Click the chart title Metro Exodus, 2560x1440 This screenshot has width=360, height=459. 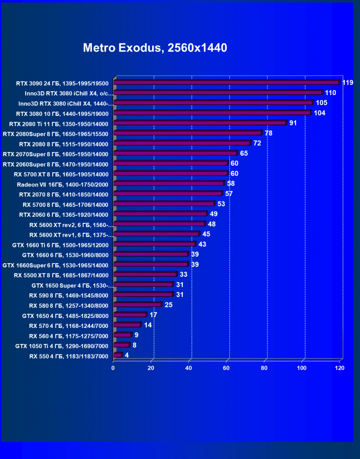point(155,48)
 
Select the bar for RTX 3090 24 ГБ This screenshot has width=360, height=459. point(226,82)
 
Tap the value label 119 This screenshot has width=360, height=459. point(348,83)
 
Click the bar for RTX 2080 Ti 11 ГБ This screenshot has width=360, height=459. point(200,123)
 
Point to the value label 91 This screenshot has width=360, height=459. point(294,123)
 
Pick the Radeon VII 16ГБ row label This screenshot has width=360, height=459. point(63,184)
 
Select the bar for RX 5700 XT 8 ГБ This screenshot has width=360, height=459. point(171,174)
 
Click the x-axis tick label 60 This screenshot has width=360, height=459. point(227,368)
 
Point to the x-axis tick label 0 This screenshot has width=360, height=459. point(113,368)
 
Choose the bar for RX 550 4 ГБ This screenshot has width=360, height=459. point(117,355)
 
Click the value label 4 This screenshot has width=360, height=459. point(127,355)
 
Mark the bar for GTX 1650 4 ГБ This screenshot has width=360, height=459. point(130,315)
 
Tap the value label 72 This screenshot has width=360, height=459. point(257,143)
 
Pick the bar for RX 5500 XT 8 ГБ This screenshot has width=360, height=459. point(145,274)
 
